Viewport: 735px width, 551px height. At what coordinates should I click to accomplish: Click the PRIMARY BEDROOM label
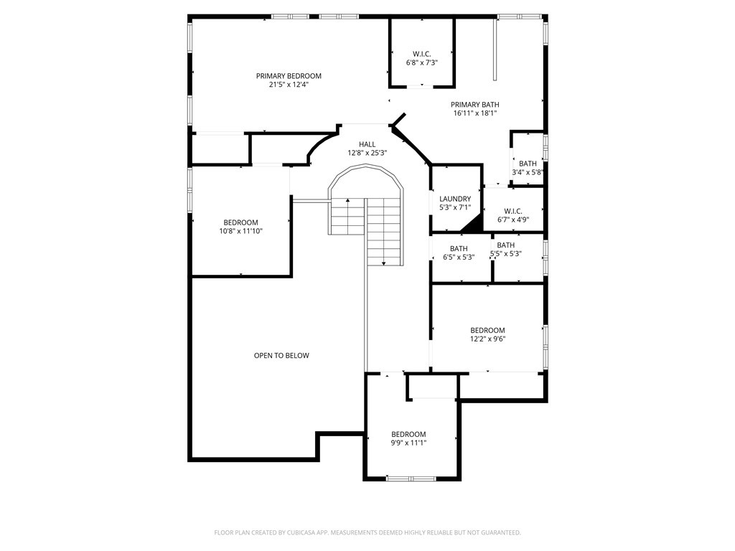pyautogui.click(x=289, y=76)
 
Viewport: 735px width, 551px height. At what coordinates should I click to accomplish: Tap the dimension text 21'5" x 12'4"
pyautogui.click(x=289, y=85)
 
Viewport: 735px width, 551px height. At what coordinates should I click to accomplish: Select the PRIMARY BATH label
pyautogui.click(x=474, y=105)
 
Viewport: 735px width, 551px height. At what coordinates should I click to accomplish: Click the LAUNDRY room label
pyautogui.click(x=455, y=199)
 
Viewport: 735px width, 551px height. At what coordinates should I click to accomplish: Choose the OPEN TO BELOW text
pyautogui.click(x=281, y=356)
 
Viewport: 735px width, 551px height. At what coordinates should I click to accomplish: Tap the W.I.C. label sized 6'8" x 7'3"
pyautogui.click(x=421, y=54)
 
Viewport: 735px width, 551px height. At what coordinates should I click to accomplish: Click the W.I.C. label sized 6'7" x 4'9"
pyautogui.click(x=512, y=211)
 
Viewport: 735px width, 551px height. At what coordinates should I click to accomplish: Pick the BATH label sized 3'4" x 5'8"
pyautogui.click(x=528, y=164)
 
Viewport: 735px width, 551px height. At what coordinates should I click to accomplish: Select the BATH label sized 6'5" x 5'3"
pyautogui.click(x=459, y=249)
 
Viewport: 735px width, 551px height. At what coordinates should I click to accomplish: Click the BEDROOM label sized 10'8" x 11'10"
pyautogui.click(x=240, y=223)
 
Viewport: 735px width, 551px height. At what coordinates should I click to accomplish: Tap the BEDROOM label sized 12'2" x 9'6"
pyautogui.click(x=487, y=331)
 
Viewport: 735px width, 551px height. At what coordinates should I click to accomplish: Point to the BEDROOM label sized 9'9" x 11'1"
pyautogui.click(x=408, y=434)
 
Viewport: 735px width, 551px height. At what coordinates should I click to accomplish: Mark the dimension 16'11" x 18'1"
pyautogui.click(x=474, y=113)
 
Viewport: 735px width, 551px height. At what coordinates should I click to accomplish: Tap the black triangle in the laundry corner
pyautogui.click(x=473, y=225)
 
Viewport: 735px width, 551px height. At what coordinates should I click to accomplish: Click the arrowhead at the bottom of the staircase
pyautogui.click(x=384, y=264)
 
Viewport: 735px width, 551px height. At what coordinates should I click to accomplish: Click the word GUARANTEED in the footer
pyautogui.click(x=498, y=532)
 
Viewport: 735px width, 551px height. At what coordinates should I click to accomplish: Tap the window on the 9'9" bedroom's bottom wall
pyautogui.click(x=411, y=478)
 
